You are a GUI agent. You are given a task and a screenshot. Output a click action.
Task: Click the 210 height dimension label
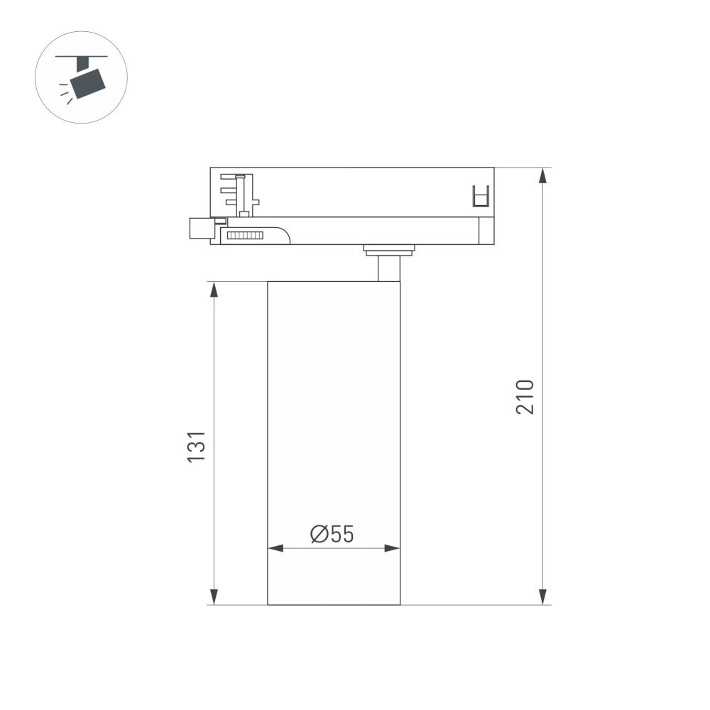click(x=525, y=397)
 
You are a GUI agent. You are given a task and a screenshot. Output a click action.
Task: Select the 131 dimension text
click(x=196, y=447)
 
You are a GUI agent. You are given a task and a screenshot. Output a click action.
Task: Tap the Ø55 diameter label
click(x=332, y=534)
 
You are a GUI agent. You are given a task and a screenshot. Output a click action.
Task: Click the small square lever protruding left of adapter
click(x=198, y=229)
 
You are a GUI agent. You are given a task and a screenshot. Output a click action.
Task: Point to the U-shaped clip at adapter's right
click(x=481, y=196)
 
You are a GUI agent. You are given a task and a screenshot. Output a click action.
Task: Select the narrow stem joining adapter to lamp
click(x=388, y=268)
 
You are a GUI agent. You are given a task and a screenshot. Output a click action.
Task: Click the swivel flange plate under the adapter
click(x=388, y=249)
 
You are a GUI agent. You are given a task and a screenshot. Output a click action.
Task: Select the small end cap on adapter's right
click(x=486, y=231)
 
